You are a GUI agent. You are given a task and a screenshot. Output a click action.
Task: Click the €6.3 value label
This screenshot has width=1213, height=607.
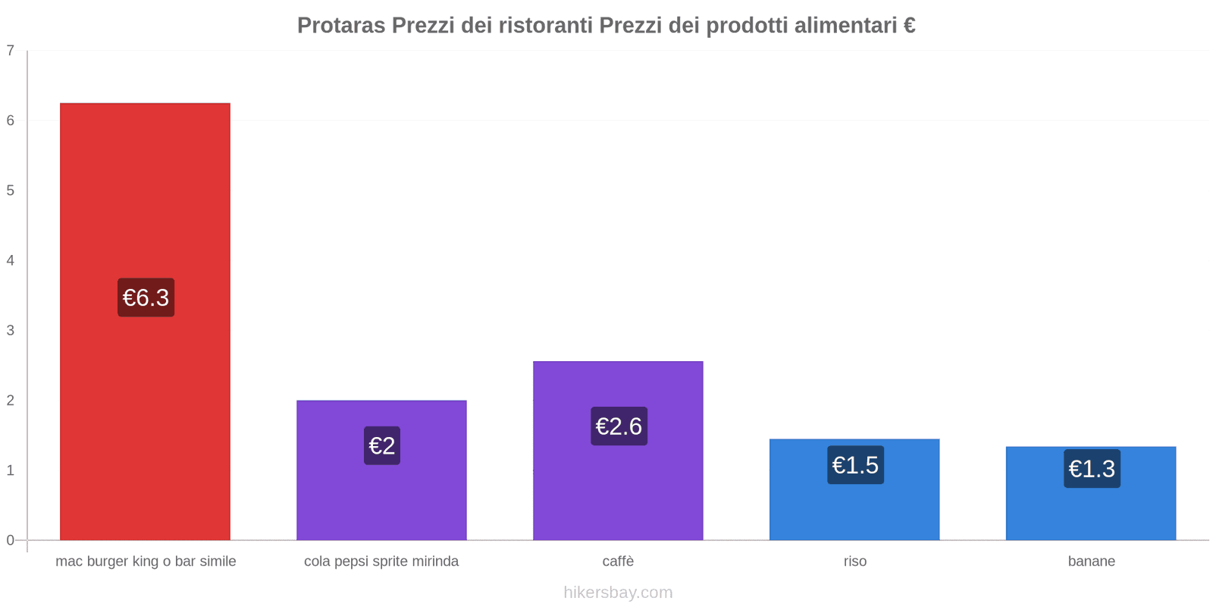(x=146, y=297)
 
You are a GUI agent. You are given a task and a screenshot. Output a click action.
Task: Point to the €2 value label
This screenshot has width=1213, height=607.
(x=382, y=445)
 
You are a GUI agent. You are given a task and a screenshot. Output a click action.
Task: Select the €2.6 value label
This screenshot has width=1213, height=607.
(x=619, y=426)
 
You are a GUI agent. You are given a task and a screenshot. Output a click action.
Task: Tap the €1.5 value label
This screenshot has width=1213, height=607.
(x=855, y=465)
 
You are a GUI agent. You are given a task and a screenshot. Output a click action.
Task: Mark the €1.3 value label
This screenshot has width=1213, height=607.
(x=1092, y=469)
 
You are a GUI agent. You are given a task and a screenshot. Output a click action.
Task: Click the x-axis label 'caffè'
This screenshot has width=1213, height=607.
(x=618, y=561)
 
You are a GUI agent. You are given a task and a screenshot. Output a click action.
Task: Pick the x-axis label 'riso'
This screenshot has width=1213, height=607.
(x=855, y=561)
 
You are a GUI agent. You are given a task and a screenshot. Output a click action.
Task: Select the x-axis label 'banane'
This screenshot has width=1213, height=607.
(x=1092, y=561)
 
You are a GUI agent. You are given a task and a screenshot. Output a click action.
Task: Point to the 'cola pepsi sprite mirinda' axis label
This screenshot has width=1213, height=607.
(x=381, y=561)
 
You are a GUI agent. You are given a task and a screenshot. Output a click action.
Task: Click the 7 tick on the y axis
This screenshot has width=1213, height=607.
(x=11, y=51)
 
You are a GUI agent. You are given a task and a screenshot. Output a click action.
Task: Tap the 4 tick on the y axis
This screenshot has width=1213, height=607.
(x=11, y=260)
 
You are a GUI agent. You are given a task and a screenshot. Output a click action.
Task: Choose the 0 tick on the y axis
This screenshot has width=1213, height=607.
(x=11, y=540)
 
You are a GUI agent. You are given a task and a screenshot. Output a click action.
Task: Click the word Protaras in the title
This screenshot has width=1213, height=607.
(x=341, y=26)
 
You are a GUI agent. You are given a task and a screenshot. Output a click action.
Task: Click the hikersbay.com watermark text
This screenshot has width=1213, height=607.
(x=618, y=593)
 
